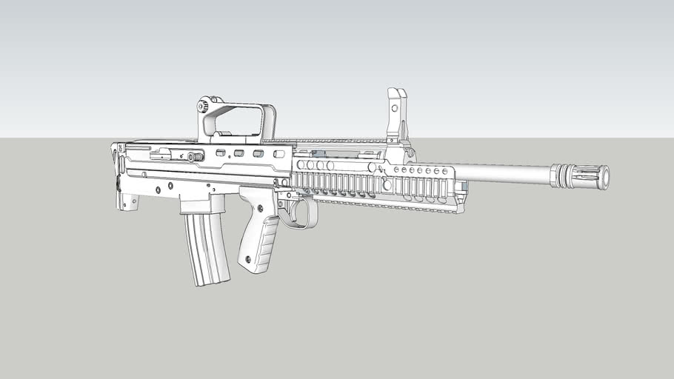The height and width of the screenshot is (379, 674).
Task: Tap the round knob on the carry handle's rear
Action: tap(202, 107)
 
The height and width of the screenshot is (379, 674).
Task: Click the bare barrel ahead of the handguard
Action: tap(504, 172)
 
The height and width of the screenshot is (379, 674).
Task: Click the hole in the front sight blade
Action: tap(395, 107)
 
